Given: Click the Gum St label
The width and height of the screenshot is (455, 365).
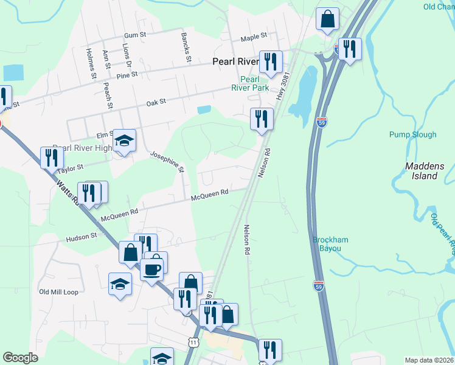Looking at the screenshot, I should point(134,36).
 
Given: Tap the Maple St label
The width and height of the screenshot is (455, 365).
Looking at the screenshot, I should point(254,37).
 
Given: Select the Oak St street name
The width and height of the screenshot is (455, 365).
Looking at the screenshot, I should point(156,103).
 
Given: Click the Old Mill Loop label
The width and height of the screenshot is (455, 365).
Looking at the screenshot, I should point(59,292).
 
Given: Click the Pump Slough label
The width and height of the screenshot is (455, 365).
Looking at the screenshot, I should point(413,134).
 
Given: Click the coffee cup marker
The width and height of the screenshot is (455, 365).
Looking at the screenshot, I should point(152,268).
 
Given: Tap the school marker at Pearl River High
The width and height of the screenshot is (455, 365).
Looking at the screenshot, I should point(124,141).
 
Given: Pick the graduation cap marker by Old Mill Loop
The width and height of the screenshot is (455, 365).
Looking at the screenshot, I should point(120,283).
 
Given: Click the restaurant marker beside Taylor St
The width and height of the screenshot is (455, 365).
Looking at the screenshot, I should point(52,157).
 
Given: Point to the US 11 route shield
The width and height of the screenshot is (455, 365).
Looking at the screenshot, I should point(193,343).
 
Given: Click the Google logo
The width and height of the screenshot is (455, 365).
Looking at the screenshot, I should point(21,358).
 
